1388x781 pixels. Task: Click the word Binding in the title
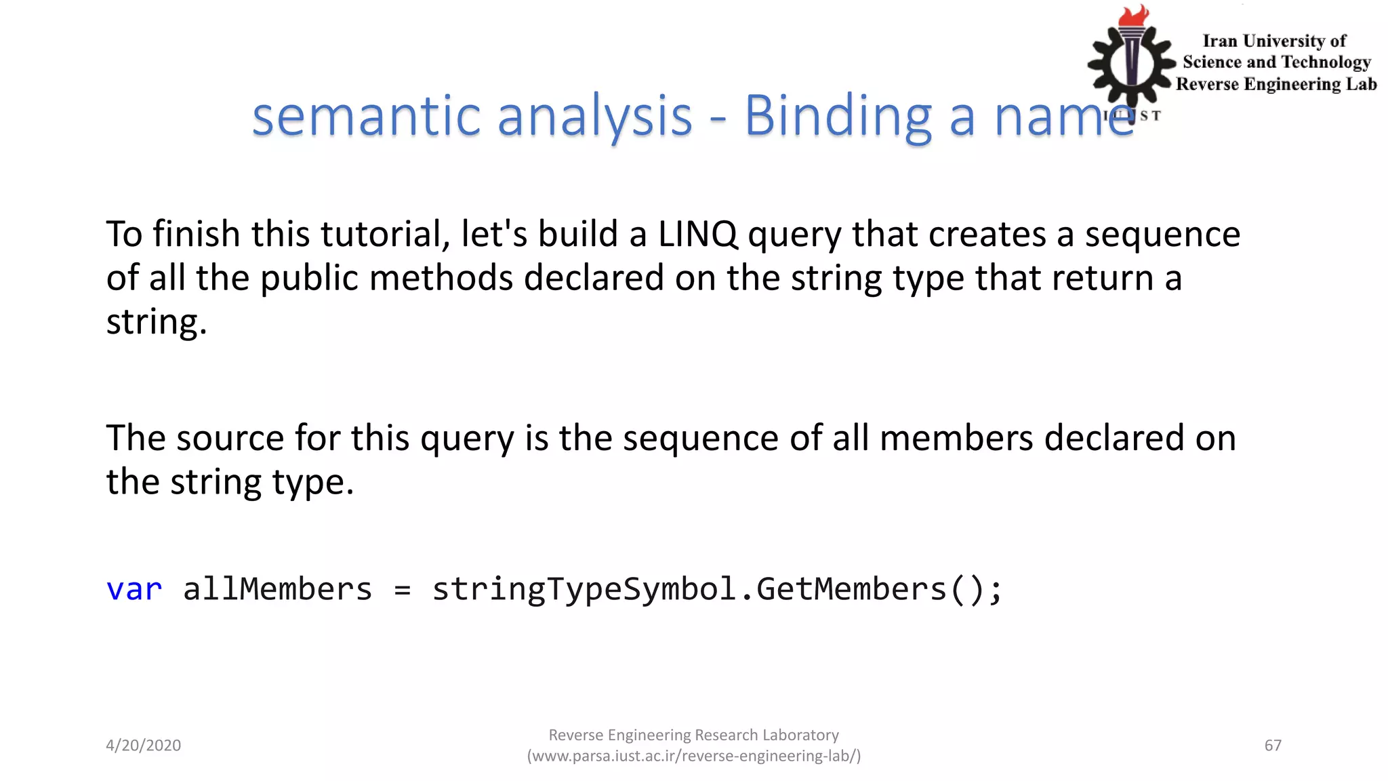[x=838, y=117]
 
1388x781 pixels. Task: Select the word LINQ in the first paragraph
[x=697, y=235]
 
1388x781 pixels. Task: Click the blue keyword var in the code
[x=134, y=589]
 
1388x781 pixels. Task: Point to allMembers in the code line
[x=278, y=589]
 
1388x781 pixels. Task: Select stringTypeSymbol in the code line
[x=584, y=589]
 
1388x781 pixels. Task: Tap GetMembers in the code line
[x=851, y=589]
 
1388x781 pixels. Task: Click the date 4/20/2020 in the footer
[x=144, y=746]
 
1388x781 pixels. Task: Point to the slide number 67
[x=1273, y=746]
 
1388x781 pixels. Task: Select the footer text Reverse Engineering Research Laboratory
[x=693, y=736]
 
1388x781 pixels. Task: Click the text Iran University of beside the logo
[x=1274, y=41]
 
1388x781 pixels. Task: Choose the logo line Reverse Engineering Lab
[x=1276, y=84]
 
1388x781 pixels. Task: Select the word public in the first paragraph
[x=309, y=279]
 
